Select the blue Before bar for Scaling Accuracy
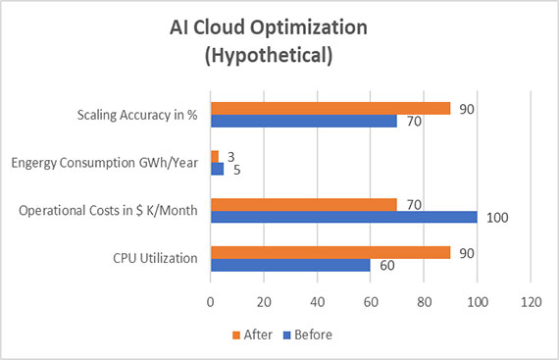click(x=304, y=121)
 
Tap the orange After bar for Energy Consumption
click(x=215, y=156)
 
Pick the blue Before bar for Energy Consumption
click(x=217, y=169)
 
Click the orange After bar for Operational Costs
click(x=304, y=204)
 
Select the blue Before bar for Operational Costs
click(x=343, y=217)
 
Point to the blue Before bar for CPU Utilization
click(x=290, y=265)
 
